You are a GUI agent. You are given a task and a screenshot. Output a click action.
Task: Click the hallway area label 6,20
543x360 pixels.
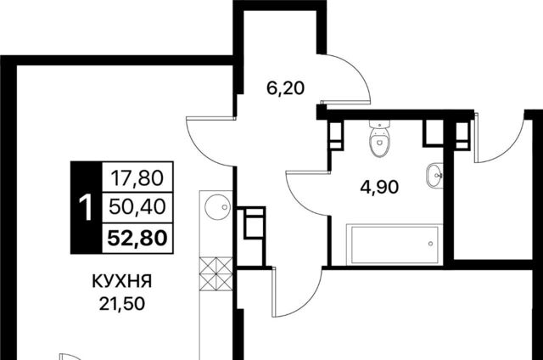tap(285, 88)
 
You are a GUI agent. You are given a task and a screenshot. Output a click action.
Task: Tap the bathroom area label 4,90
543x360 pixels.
tap(379, 188)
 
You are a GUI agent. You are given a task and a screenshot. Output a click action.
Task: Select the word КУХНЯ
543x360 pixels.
tap(122, 281)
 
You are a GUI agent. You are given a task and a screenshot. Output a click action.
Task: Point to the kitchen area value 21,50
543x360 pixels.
tap(121, 304)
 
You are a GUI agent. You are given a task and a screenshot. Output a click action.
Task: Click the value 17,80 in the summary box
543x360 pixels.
tap(137, 179)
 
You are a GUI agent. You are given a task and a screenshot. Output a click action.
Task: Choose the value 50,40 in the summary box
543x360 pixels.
tap(137, 207)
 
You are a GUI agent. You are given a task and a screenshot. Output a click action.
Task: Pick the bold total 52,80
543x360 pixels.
tap(137, 238)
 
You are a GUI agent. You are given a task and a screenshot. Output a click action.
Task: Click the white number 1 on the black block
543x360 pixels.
tap(86, 207)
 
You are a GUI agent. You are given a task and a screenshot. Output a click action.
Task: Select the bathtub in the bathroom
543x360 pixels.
tap(395, 245)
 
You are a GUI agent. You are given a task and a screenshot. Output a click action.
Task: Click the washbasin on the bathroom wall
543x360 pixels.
tap(435, 175)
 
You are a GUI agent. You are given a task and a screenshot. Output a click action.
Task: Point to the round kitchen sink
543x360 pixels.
tap(217, 207)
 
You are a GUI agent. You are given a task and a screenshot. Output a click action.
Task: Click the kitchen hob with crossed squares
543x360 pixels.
tap(216, 273)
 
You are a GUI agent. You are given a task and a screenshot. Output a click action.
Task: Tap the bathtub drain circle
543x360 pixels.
tap(430, 244)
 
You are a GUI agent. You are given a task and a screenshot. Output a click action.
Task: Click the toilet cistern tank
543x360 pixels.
tap(379, 124)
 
